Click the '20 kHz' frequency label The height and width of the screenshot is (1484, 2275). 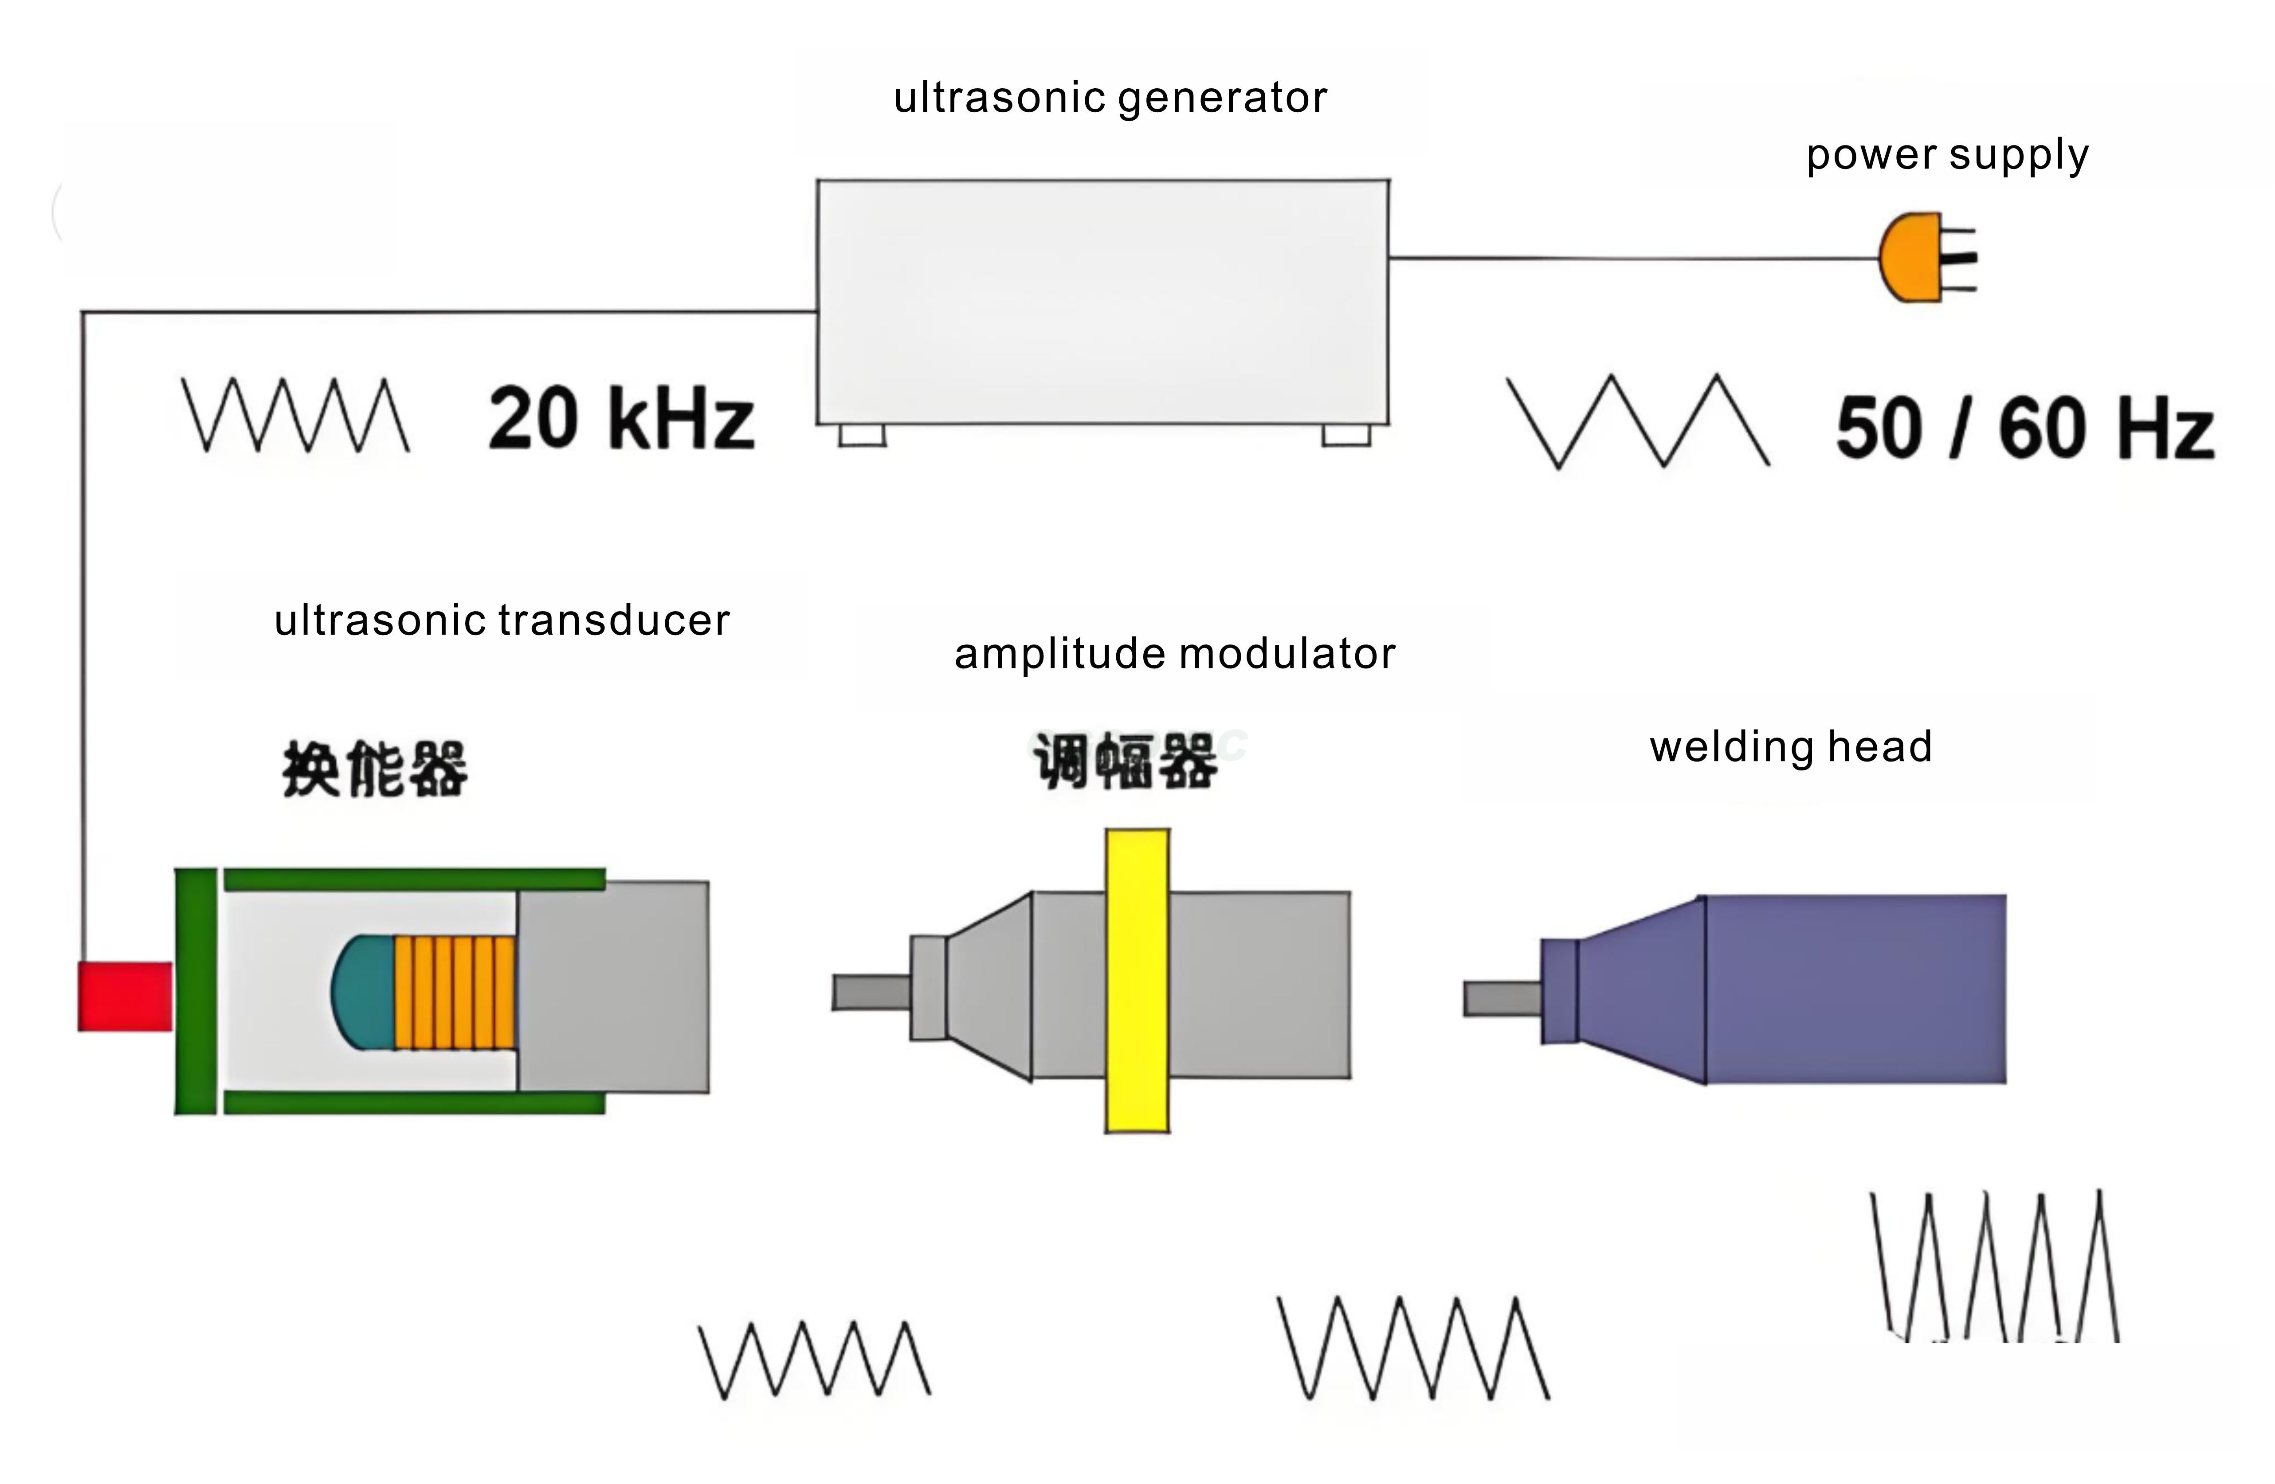[621, 419]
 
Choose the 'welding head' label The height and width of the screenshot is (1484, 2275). [1790, 747]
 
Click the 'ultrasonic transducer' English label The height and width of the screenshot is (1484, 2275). [502, 620]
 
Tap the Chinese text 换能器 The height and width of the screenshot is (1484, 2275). [375, 769]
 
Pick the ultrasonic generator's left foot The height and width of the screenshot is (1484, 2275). [862, 435]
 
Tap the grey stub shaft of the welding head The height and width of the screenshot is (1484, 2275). [1502, 999]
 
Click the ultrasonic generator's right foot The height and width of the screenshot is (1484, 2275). [1346, 435]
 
